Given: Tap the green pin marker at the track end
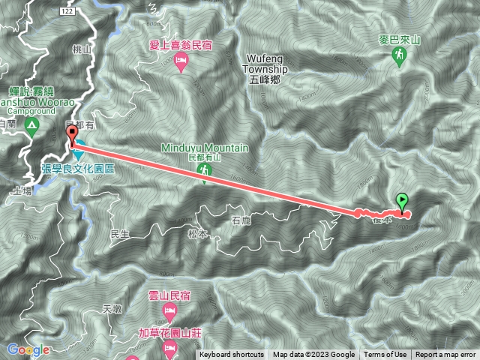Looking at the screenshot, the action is pos(403,201).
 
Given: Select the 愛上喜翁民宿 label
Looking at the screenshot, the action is pos(180,46).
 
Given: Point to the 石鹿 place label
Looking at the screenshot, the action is pos(241,220).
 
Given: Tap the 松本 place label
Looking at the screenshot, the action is pos(196,233).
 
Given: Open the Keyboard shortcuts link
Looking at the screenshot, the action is pos(232,355).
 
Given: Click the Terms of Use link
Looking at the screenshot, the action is pos(385,355).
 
